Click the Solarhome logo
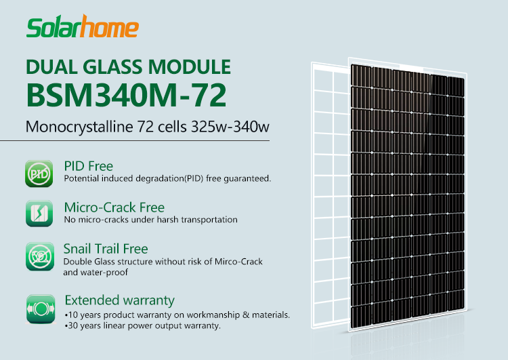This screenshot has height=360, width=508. pyautogui.click(x=83, y=26)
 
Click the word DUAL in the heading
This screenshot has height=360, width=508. pyautogui.click(x=52, y=67)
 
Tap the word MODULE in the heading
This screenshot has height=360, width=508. pyautogui.click(x=190, y=67)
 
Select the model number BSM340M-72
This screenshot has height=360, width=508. pyautogui.click(x=126, y=95)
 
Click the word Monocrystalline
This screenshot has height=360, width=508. pyautogui.click(x=79, y=127)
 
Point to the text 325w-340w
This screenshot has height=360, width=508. pyautogui.click(x=230, y=127)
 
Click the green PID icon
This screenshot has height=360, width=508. pyautogui.click(x=39, y=174)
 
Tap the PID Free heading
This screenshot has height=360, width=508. pyautogui.click(x=89, y=166)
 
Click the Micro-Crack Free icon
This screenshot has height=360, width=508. pyautogui.click(x=39, y=213)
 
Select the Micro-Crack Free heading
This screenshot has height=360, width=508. pyautogui.click(x=114, y=207)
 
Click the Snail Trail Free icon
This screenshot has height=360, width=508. pyautogui.click(x=40, y=256)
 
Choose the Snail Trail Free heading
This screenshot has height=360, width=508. pyautogui.click(x=106, y=249)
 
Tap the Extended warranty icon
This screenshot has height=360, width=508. pyautogui.click(x=41, y=308)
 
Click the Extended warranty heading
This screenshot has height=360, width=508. pyautogui.click(x=119, y=300)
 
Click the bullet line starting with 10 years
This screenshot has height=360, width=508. pyautogui.click(x=177, y=315)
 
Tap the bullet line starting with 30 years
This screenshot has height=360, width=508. pyautogui.click(x=142, y=325)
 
